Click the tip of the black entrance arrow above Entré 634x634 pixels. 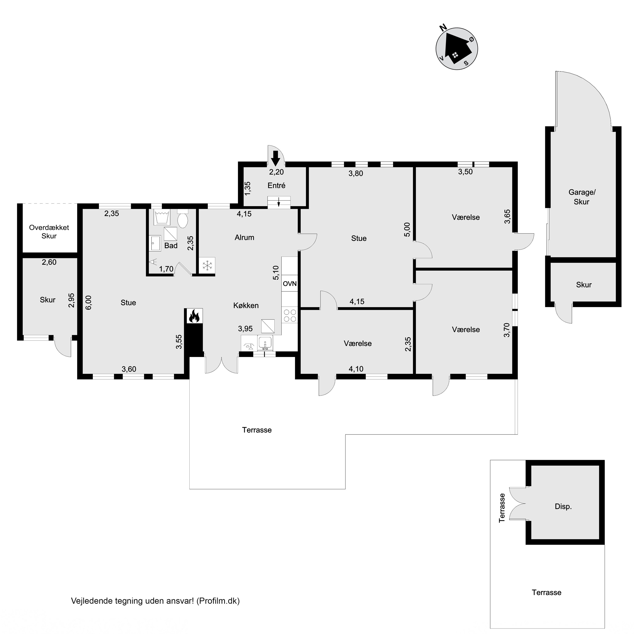point(276,165)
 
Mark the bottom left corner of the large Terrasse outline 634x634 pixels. point(190,489)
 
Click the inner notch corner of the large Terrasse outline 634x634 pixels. point(346,435)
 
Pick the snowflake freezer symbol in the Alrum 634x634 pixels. point(207,265)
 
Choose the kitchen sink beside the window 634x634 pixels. point(265,343)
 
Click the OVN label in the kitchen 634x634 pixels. point(290,284)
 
